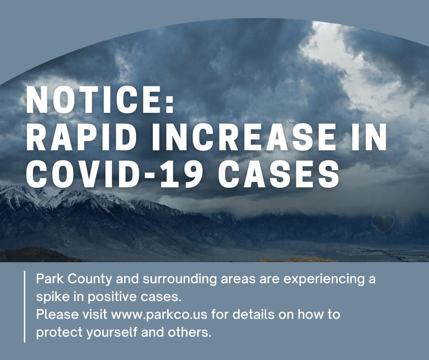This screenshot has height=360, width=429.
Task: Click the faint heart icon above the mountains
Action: click(382, 223)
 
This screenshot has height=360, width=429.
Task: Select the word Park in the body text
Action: click(47, 280)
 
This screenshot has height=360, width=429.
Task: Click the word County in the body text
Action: click(81, 280)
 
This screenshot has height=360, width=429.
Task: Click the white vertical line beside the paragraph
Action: click(24, 306)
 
